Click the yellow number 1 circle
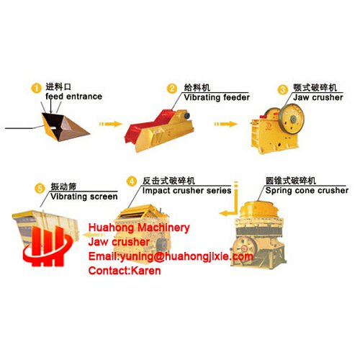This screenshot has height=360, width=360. [36, 89]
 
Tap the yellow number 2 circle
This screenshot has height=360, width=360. [172, 89]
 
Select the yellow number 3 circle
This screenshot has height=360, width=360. [283, 90]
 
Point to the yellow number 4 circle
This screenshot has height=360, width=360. [132, 181]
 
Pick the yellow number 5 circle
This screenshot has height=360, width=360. [40, 189]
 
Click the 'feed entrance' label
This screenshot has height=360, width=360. [74, 96]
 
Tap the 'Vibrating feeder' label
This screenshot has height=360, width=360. [217, 97]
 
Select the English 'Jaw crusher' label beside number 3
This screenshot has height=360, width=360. [318, 97]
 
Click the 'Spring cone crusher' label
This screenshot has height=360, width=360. [307, 191]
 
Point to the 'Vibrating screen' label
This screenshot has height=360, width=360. [84, 197]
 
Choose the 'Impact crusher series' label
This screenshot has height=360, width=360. [186, 191]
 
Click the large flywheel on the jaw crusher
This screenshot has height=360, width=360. [292, 118]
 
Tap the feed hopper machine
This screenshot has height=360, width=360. [66, 127]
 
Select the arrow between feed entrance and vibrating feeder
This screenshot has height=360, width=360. [111, 124]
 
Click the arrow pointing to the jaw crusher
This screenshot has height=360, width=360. [226, 124]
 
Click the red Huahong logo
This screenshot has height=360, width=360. [48, 246]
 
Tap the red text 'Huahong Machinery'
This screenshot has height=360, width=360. [139, 228]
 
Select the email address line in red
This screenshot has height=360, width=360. [171, 256]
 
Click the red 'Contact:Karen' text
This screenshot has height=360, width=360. [125, 271]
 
